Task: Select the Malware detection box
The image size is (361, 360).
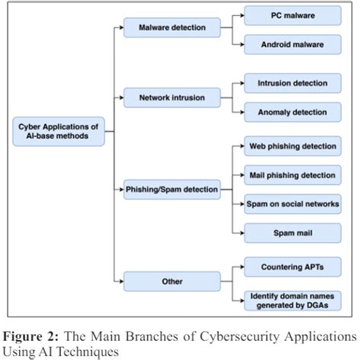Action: (x=171, y=28)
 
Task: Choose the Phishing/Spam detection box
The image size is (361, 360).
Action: (x=171, y=188)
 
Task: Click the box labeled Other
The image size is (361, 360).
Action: (x=171, y=280)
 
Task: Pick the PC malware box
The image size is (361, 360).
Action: (x=293, y=15)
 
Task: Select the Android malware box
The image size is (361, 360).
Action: (x=293, y=44)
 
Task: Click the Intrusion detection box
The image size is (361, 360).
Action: (x=293, y=82)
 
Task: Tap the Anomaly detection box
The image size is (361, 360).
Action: (x=293, y=111)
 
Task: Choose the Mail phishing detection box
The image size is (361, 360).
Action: (x=293, y=174)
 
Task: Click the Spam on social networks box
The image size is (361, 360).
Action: (x=293, y=203)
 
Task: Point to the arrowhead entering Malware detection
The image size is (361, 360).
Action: (x=123, y=28)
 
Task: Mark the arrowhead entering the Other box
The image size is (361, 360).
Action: (x=123, y=280)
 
